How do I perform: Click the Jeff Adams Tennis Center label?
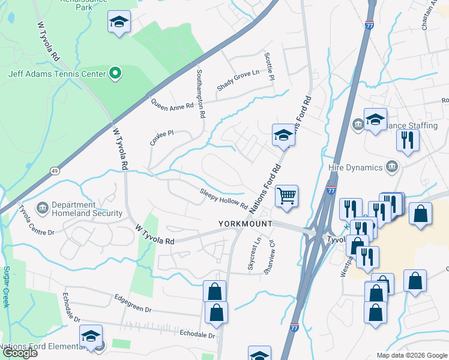[57, 75]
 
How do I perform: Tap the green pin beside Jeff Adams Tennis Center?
[116, 75]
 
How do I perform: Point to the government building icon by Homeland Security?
[43, 209]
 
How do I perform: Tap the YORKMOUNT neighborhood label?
[245, 224]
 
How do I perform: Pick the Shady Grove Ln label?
[237, 80]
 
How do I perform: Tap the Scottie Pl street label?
[270, 67]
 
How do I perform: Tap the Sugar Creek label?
[7, 287]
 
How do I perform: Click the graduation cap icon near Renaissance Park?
[119, 23]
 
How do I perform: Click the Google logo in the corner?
[20, 353]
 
